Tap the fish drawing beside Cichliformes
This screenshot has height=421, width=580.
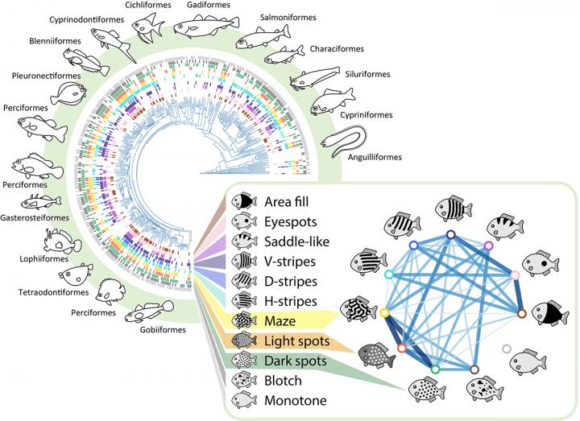(x=146, y=27)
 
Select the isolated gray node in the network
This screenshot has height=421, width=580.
(x=506, y=349)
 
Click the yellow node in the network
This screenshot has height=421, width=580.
(x=384, y=312)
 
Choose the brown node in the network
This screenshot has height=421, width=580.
(x=521, y=314)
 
